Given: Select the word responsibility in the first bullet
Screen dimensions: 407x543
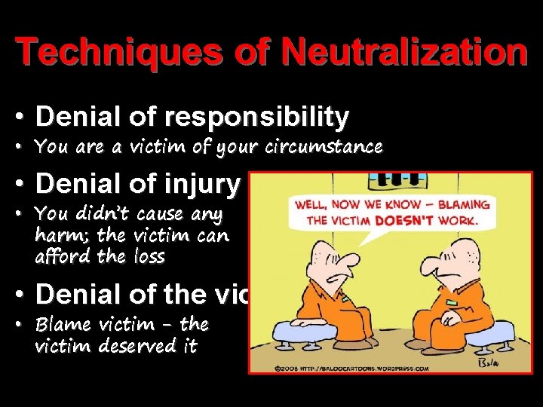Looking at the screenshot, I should (x=258, y=118).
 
